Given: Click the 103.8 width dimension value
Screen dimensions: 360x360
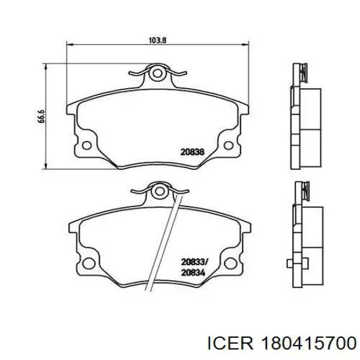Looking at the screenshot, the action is [157, 40].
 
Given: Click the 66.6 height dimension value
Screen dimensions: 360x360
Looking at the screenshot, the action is [41, 116].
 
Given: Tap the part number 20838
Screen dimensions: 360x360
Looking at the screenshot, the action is [192, 152].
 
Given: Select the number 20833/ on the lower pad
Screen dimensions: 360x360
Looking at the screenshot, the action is [194, 262].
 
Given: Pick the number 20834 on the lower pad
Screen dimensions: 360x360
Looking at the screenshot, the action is [193, 273].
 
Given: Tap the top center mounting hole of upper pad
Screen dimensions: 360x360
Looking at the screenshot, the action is [157, 73].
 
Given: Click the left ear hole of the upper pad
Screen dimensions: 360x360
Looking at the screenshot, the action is [87, 145].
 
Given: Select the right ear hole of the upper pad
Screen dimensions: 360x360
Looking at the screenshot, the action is [229, 145].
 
